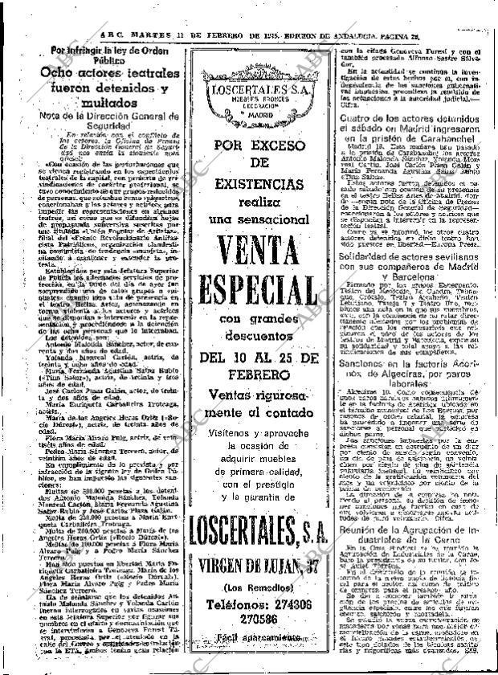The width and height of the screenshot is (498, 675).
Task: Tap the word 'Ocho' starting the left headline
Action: coord(59,73)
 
